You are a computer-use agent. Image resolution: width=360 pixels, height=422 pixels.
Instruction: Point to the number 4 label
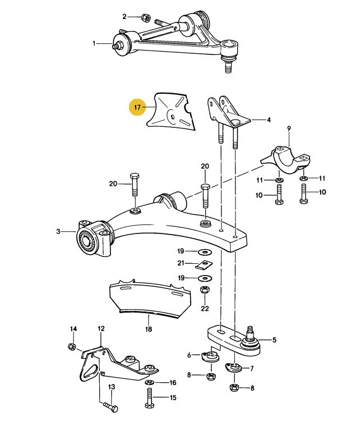point(269,120)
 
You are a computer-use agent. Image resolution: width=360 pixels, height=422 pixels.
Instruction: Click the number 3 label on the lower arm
point(58,231)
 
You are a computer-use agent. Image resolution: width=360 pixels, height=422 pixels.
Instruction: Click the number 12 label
point(101,329)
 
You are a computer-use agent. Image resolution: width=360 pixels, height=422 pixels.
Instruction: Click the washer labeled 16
point(150,383)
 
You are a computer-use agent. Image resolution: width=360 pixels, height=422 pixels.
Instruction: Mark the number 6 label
point(190,355)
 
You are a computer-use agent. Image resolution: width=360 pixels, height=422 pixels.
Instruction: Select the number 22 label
point(204,308)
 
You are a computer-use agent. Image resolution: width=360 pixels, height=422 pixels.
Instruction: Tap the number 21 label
point(181,263)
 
